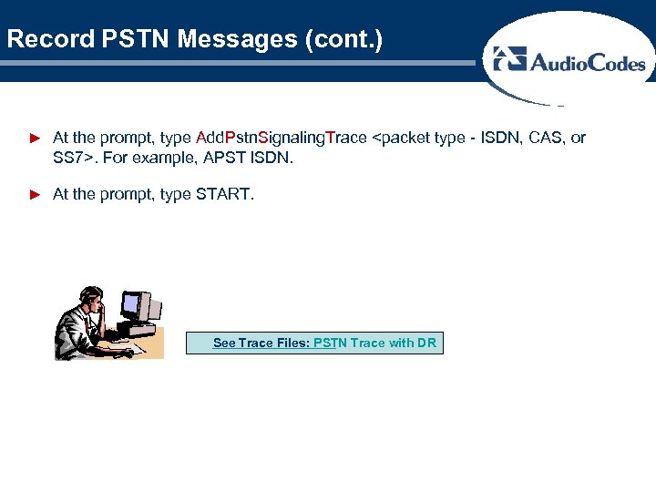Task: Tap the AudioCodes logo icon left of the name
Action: [x=509, y=59]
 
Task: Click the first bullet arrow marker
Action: [x=36, y=138]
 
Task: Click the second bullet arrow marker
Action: [x=36, y=194]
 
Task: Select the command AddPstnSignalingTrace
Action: [x=282, y=138]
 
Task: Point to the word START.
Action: [x=224, y=193]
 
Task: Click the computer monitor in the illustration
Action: [x=137, y=308]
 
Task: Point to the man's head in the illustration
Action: [x=90, y=297]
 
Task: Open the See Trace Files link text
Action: [x=261, y=343]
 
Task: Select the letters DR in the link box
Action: [x=427, y=343]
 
